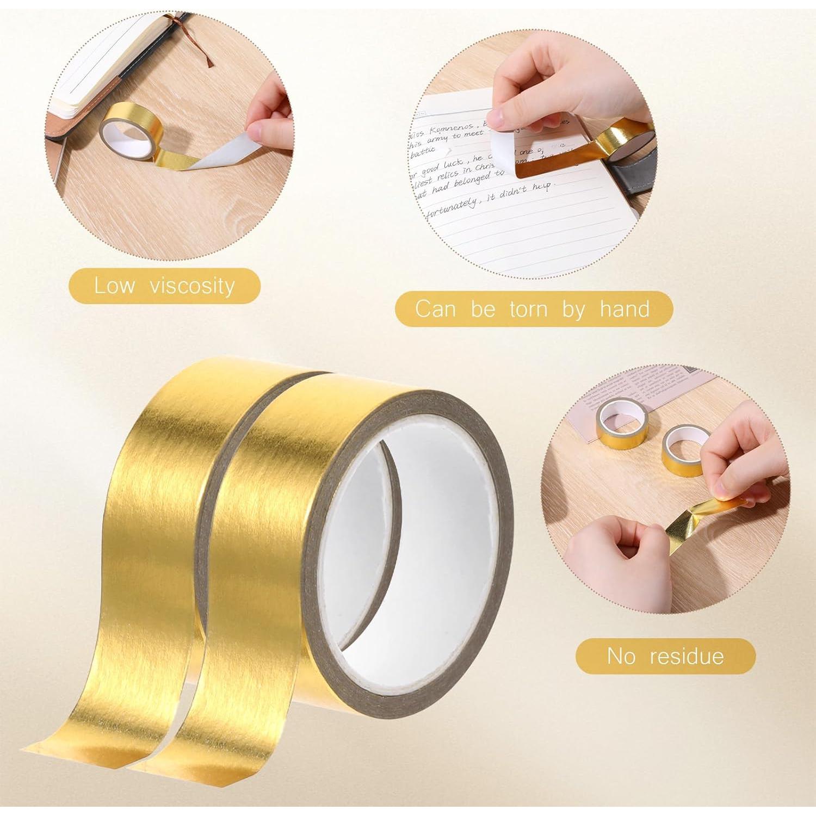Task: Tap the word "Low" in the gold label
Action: click(x=114, y=285)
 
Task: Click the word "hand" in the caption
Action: click(x=625, y=309)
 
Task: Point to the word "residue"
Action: click(x=687, y=656)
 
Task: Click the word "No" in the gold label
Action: click(x=621, y=656)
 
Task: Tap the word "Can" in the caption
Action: click(x=435, y=309)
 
